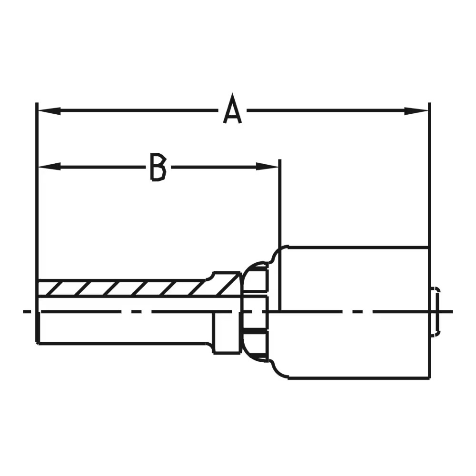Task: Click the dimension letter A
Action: pos(233,109)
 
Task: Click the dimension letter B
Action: pos(159,167)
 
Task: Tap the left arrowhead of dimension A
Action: pos(49,111)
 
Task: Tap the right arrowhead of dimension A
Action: pos(416,111)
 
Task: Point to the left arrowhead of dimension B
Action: pos(49,167)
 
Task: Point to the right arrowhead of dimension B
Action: pos(267,167)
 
